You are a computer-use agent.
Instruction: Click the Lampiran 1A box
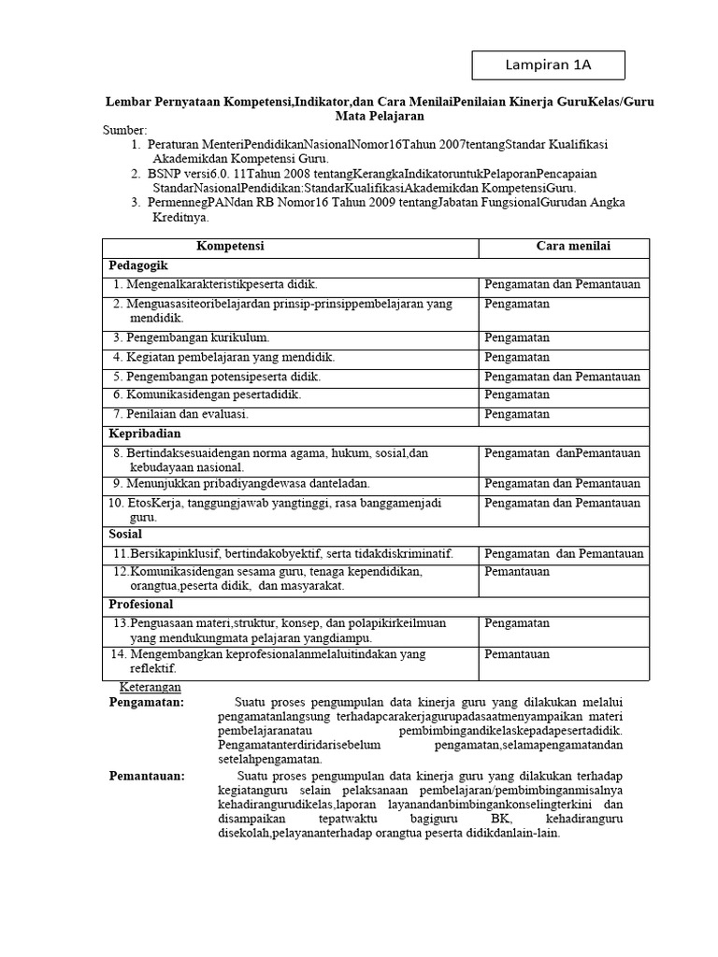[548, 64]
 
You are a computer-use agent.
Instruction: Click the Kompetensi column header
[230, 246]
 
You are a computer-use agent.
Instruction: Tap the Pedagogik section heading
[137, 265]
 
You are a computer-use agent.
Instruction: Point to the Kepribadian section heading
[144, 434]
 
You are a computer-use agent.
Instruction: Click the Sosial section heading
[125, 534]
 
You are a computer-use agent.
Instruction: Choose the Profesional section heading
[140, 605]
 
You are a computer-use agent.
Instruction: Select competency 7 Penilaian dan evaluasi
[180, 414]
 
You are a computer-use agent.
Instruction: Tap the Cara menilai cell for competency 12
[517, 571]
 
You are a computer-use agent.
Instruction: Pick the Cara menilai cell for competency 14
[517, 654]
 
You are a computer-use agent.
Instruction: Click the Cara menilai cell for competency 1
[561, 284]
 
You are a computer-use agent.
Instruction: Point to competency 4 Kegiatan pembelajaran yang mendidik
[223, 357]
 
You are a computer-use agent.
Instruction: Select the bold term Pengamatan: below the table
[147, 702]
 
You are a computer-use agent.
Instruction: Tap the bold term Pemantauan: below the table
[147, 776]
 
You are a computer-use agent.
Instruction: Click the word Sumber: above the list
[125, 130]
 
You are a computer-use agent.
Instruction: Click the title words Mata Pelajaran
[380, 116]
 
